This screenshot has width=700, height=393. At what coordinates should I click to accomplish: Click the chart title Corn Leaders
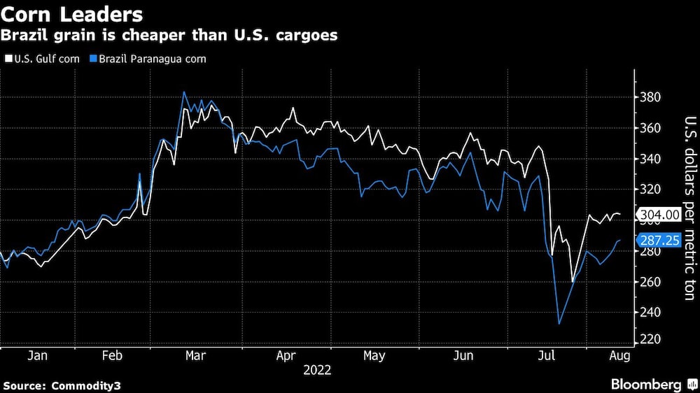(72, 14)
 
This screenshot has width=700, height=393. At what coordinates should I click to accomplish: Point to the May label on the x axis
(374, 356)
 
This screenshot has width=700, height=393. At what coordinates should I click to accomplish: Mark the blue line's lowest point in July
(559, 324)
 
